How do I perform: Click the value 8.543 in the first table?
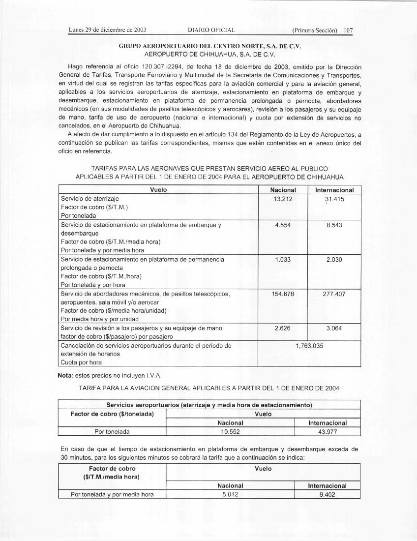click(334, 225)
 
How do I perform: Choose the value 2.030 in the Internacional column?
click(334, 259)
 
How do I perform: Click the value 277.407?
click(334, 294)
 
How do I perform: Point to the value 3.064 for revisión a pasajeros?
click(334, 328)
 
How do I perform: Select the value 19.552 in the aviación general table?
click(230, 432)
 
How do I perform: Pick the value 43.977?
click(327, 432)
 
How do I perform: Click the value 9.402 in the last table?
click(327, 494)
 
